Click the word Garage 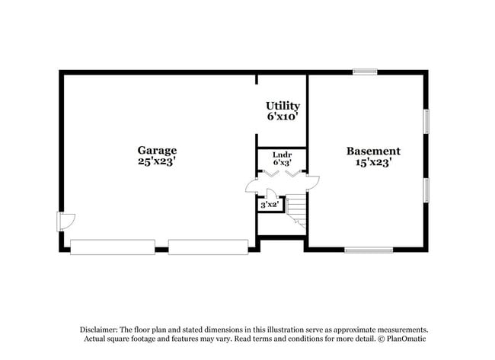(x=157, y=150)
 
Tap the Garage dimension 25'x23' (x=157, y=161)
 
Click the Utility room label (x=283, y=106)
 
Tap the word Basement (x=373, y=151)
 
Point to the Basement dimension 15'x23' (x=373, y=162)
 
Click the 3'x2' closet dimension (x=270, y=205)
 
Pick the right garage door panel (x=208, y=247)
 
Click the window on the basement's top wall (x=365, y=72)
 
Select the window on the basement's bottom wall (x=369, y=250)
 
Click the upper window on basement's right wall (x=426, y=121)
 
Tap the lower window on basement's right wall (x=426, y=190)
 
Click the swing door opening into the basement (x=311, y=182)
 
